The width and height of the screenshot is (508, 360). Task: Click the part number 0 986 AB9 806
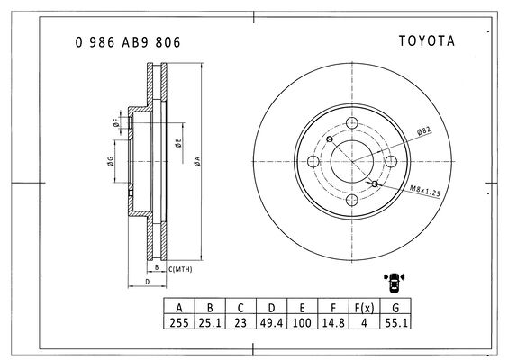[128, 42]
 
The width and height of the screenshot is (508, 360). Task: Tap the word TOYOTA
[427, 41]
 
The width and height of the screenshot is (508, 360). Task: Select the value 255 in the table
[179, 323]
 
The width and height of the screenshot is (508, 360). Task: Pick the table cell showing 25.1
[210, 323]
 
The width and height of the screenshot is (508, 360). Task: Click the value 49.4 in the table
[271, 323]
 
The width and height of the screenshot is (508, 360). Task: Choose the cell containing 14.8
[333, 323]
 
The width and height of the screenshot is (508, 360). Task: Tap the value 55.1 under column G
[396, 323]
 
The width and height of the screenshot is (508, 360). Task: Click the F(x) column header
[364, 308]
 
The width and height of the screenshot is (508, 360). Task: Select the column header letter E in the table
[302, 308]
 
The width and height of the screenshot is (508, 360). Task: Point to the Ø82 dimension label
[424, 130]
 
